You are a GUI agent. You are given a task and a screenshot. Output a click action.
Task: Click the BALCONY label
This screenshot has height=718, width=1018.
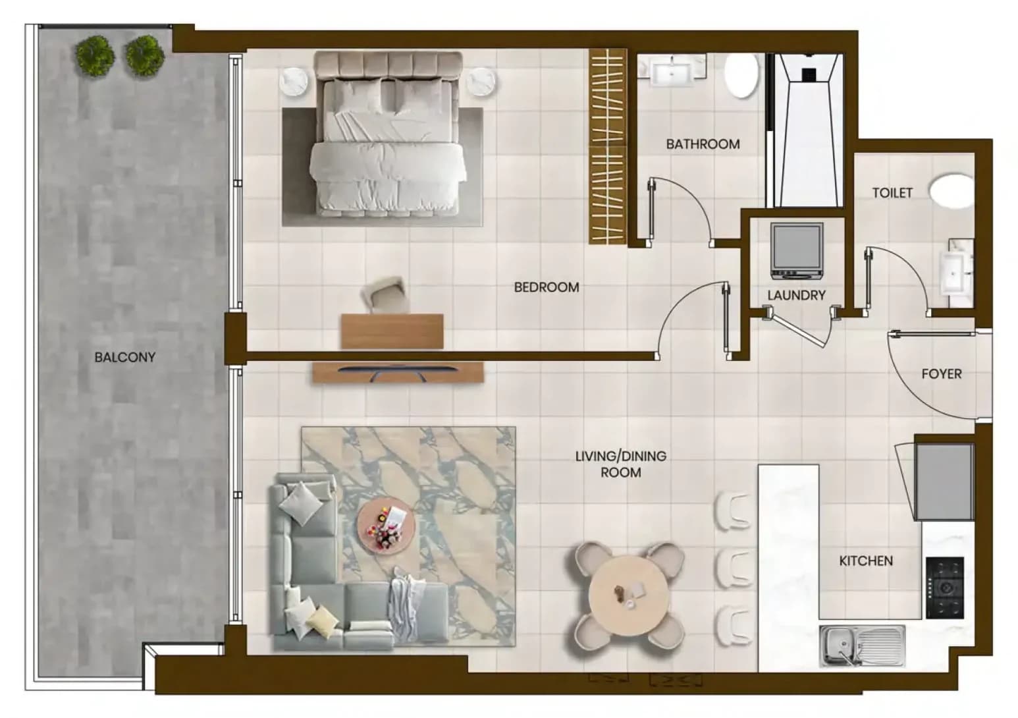[x=125, y=358]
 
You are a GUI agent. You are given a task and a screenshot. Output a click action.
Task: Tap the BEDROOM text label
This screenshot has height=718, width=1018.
[x=547, y=287]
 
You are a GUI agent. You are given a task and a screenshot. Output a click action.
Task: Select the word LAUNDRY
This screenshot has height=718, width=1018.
[x=796, y=296]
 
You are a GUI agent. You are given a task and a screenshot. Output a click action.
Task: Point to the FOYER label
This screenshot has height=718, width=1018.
[x=942, y=374]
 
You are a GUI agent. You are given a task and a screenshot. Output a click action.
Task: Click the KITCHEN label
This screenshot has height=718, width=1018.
[x=866, y=561]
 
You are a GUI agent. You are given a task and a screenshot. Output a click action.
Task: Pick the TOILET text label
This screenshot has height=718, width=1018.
[x=892, y=193]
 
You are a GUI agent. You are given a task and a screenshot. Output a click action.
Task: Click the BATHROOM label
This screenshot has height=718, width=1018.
[x=703, y=145]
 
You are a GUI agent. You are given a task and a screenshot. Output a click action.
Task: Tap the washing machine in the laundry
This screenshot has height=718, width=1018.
[x=797, y=251]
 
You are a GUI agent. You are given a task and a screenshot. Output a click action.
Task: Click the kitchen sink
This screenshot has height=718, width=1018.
[x=862, y=646]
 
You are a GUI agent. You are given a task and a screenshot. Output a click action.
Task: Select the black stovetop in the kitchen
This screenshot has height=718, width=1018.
[x=945, y=588]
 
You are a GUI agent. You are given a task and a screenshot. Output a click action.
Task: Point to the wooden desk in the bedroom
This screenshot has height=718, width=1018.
[x=392, y=331]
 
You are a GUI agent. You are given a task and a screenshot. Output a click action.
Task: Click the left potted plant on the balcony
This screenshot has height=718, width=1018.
[x=95, y=57]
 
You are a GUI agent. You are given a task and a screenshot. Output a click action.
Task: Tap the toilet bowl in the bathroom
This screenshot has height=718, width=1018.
[x=741, y=76]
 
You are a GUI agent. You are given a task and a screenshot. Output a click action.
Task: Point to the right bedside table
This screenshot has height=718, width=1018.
[x=482, y=82]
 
